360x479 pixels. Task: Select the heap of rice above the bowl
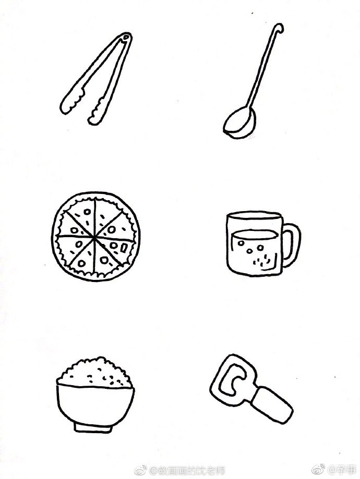[93, 371]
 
